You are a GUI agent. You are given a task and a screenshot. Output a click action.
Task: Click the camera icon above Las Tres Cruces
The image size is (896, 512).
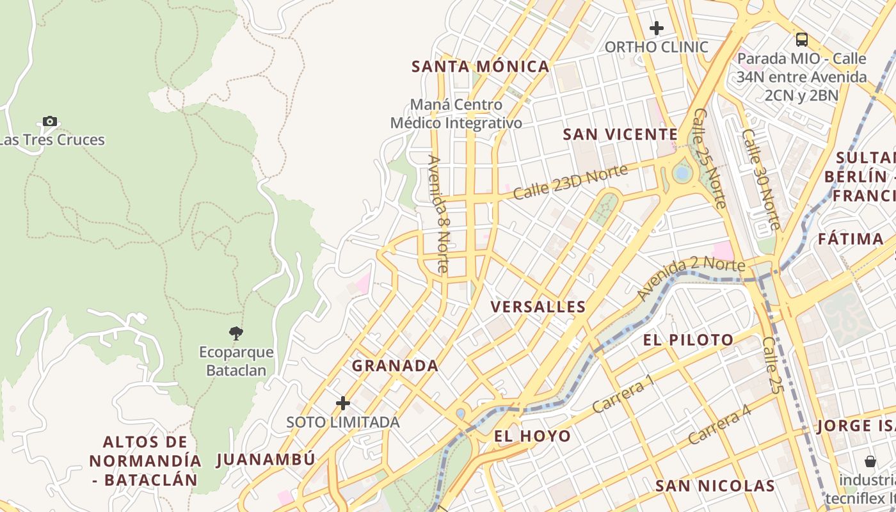point(50,121)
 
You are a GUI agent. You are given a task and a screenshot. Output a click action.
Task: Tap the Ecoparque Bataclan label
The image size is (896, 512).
point(236,361)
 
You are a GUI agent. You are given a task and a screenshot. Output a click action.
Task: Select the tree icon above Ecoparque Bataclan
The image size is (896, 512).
point(236,333)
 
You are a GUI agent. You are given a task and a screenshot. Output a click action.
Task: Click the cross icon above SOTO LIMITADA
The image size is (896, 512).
point(343,403)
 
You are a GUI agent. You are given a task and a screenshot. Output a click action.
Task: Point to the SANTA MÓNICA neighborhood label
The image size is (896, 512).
point(480,67)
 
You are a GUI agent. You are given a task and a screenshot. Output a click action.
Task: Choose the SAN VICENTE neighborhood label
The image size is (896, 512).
point(620,134)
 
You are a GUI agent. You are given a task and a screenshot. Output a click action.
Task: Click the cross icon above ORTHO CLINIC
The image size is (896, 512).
point(656,28)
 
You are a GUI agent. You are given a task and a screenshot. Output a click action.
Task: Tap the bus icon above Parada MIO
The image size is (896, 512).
point(802,40)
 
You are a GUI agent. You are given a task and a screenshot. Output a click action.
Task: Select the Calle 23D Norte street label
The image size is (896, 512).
point(561,182)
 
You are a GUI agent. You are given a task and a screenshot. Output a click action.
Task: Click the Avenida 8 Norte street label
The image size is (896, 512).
point(439,214)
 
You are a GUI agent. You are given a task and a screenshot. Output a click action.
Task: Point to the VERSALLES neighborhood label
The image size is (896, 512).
point(538,307)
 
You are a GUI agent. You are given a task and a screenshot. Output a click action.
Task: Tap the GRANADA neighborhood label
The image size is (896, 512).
point(395,366)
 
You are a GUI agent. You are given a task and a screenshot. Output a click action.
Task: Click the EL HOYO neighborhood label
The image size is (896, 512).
point(532,436)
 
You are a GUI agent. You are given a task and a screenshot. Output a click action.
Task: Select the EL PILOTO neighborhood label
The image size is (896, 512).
point(688,340)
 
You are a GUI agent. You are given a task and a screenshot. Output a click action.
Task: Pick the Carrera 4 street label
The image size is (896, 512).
point(719,426)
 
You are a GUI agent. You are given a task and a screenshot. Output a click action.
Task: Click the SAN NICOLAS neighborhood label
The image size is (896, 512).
point(715,486)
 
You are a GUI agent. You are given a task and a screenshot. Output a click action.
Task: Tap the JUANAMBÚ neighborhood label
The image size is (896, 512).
point(266,460)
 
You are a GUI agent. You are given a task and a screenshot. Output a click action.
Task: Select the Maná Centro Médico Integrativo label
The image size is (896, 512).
point(456,113)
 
